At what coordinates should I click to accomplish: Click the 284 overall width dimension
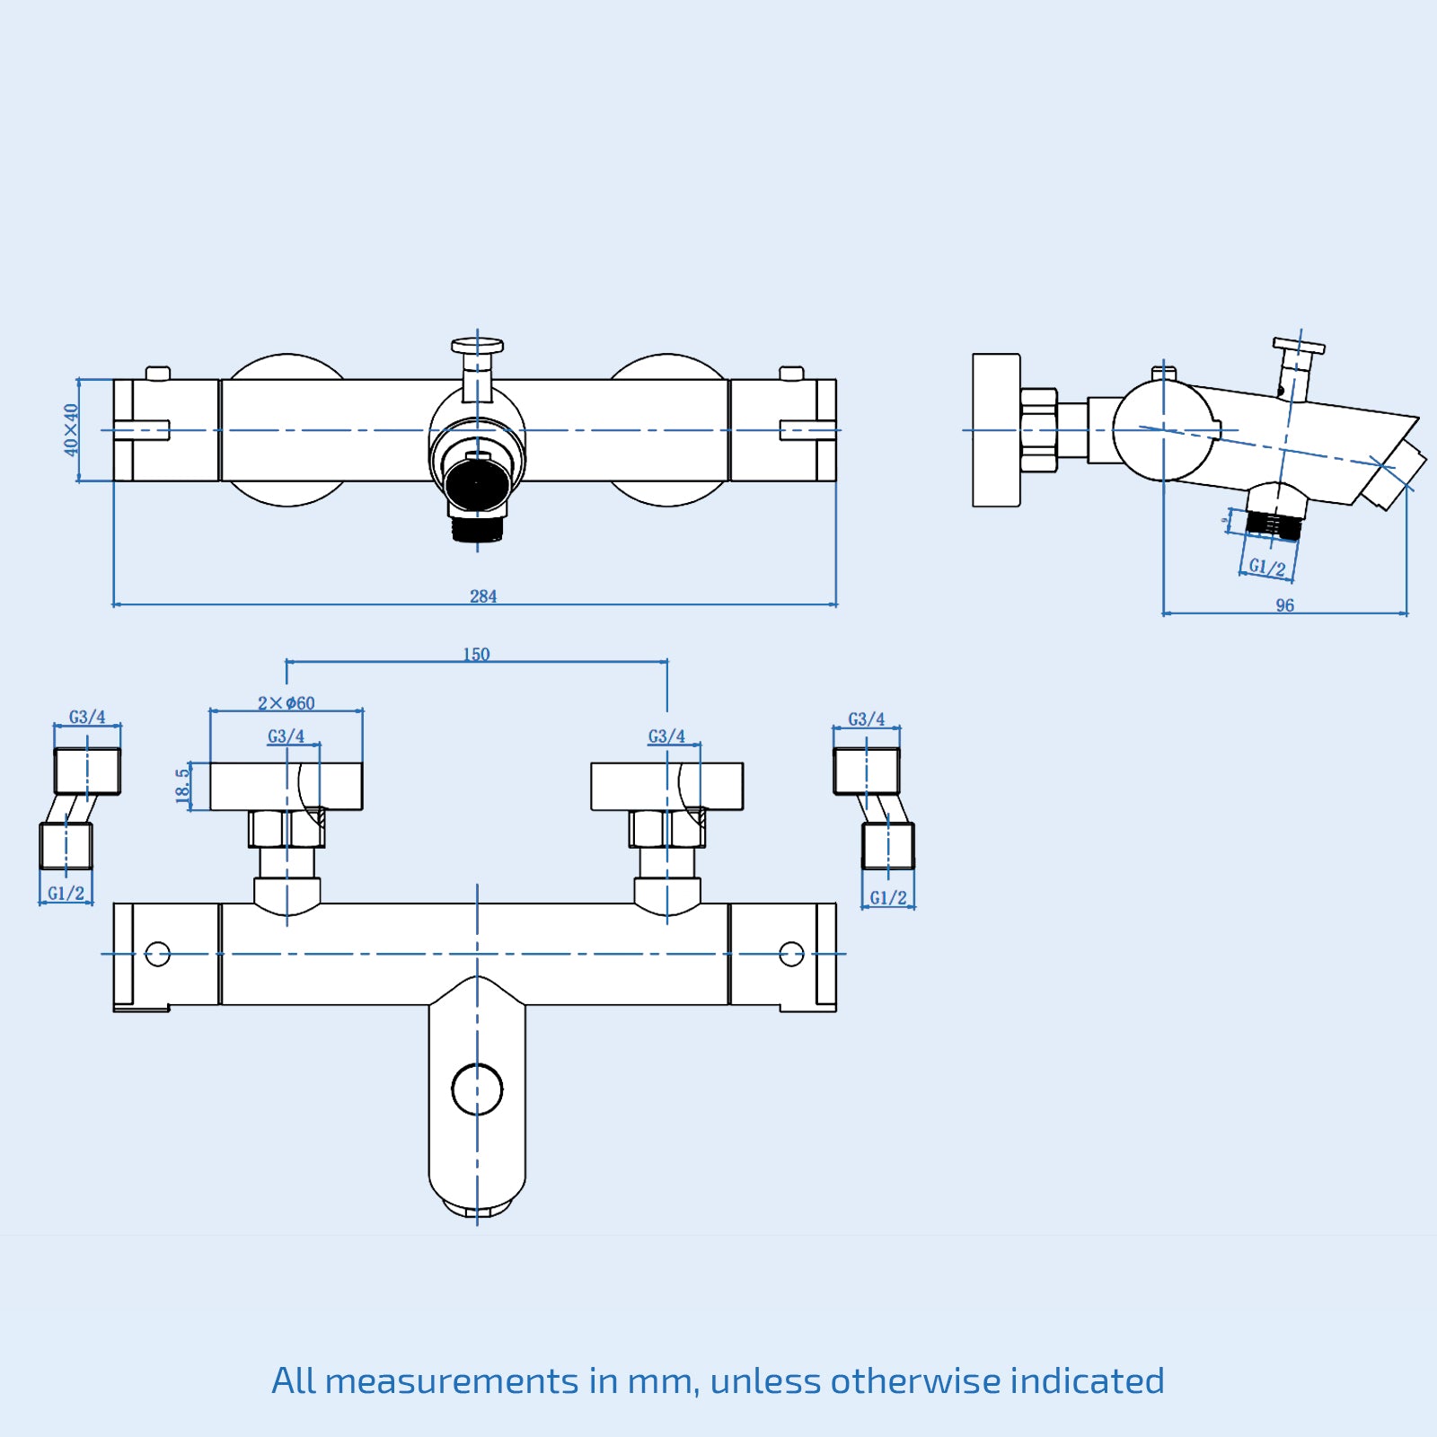(483, 596)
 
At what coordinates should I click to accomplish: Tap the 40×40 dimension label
(72, 429)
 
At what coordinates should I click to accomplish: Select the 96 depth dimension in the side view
(1285, 605)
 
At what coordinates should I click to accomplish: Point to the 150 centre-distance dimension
(476, 655)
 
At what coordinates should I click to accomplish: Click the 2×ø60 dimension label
(287, 703)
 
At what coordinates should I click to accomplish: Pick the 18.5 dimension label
(183, 785)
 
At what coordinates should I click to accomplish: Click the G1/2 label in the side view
(1267, 567)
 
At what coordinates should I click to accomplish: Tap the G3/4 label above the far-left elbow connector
(87, 717)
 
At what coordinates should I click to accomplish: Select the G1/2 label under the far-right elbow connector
(888, 897)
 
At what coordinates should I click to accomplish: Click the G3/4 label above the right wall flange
(666, 736)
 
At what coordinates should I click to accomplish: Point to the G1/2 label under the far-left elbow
(66, 893)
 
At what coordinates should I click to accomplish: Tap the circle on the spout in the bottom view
(477, 1089)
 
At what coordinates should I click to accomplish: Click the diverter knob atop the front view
(477, 346)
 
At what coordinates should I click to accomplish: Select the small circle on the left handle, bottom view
(158, 954)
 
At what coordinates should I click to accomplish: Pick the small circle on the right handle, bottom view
(791, 954)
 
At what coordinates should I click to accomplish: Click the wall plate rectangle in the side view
(996, 430)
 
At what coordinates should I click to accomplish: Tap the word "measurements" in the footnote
(452, 1381)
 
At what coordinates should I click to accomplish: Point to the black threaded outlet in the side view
(1274, 525)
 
